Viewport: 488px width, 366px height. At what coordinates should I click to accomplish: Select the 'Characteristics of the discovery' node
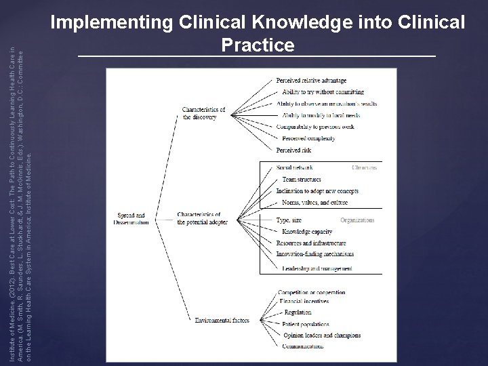203,113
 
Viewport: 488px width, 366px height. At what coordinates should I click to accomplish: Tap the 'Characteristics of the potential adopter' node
199,218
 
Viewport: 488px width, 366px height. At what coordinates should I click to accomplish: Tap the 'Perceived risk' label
294,150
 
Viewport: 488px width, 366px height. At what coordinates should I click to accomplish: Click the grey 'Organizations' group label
357,220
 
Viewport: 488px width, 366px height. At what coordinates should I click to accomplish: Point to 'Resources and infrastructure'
312,243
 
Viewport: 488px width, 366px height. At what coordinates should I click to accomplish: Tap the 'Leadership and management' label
317,269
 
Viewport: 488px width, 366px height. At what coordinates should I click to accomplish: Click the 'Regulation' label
298,312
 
